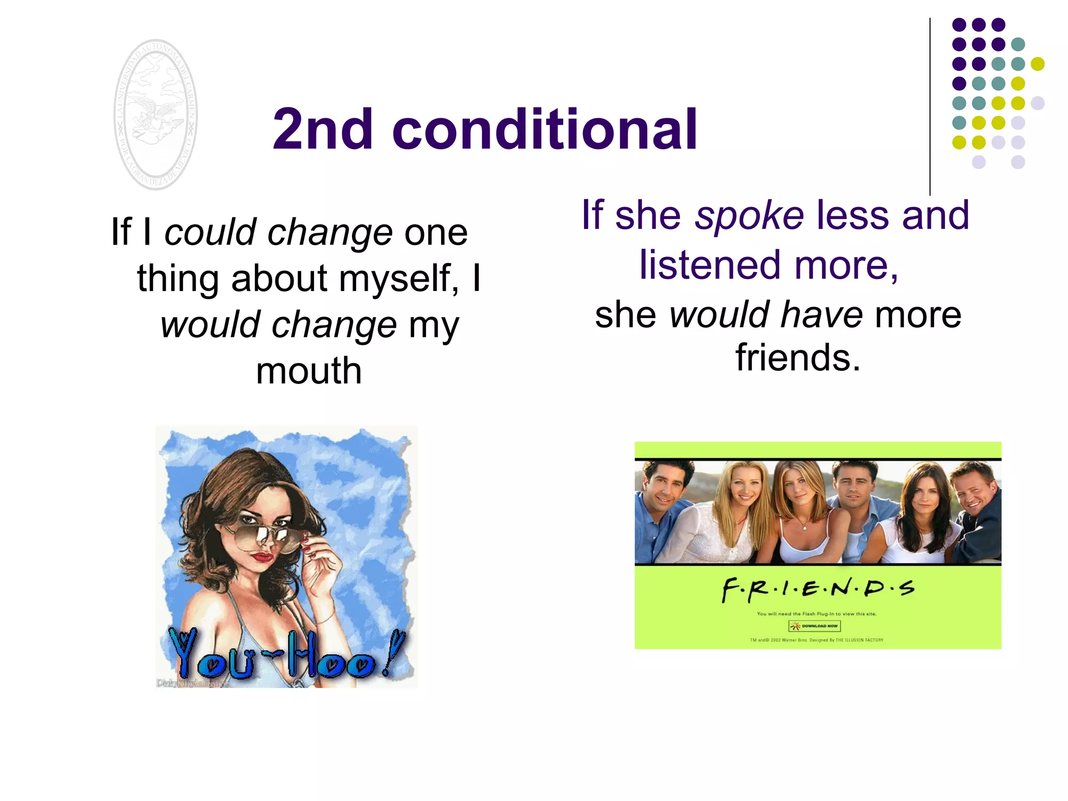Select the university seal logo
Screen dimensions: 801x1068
point(155,115)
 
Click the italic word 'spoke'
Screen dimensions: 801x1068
point(749,215)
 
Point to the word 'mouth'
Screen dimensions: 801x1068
point(309,371)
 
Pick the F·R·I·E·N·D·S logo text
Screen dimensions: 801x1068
point(818,590)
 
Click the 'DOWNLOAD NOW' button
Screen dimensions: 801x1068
point(815,626)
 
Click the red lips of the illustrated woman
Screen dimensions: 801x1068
point(263,557)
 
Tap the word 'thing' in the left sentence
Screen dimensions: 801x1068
point(178,278)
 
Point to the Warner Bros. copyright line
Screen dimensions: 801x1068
point(817,640)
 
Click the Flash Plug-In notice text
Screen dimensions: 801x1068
point(817,614)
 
